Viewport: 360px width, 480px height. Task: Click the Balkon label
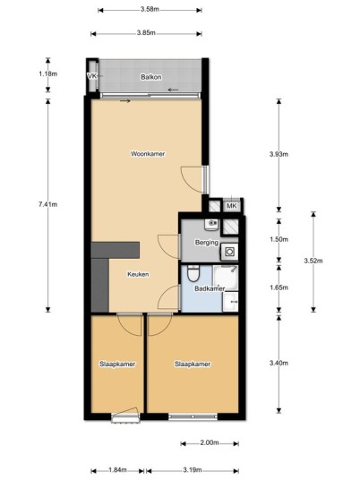click(x=151, y=77)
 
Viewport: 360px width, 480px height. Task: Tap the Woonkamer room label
click(x=148, y=154)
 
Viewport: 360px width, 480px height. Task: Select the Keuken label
click(x=138, y=274)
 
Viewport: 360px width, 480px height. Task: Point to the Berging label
click(x=207, y=243)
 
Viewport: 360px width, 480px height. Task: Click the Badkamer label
click(x=210, y=288)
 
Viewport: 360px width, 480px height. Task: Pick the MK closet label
click(x=232, y=206)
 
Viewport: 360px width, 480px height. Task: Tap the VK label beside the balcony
click(x=92, y=76)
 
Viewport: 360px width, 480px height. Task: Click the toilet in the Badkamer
click(x=193, y=273)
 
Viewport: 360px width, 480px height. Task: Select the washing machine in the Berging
click(x=229, y=252)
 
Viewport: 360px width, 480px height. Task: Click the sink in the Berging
click(x=211, y=225)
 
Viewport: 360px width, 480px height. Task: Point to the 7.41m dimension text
click(x=47, y=204)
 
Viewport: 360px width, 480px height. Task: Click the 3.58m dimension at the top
click(x=150, y=9)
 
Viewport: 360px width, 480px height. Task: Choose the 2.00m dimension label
click(x=210, y=443)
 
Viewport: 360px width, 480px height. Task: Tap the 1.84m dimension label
click(x=117, y=470)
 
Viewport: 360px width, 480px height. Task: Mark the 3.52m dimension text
click(x=313, y=261)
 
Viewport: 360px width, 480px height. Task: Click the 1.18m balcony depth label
click(x=48, y=73)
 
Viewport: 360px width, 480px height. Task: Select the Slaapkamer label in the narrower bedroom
click(x=117, y=364)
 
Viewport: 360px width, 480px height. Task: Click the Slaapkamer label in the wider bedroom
click(x=193, y=364)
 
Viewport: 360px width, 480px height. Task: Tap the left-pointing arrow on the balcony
click(x=173, y=90)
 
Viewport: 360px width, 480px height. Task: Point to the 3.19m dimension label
click(x=193, y=470)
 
